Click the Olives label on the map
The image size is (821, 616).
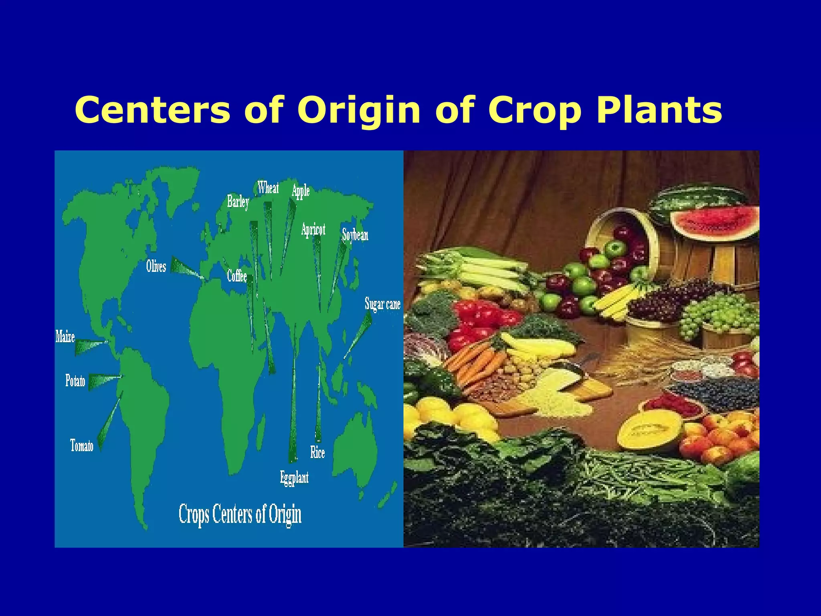[156, 266]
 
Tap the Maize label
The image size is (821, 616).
[65, 336]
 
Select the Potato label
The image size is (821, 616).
[75, 380]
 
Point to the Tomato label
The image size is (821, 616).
[82, 446]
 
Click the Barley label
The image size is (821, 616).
[238, 201]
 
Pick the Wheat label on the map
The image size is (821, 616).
[268, 187]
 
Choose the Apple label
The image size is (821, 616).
[301, 191]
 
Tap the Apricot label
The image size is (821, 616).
[313, 229]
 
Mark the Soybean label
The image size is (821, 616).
[355, 235]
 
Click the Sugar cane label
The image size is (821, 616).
[382, 304]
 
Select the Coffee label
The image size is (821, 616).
[237, 276]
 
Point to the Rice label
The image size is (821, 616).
[317, 452]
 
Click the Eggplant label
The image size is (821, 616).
[294, 478]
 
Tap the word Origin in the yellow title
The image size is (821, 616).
[359, 110]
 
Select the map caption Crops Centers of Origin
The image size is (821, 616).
[240, 514]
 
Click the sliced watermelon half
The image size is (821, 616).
[716, 222]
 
